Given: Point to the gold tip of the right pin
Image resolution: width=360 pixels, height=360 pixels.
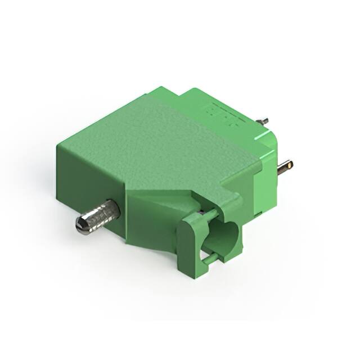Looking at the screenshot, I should click(x=288, y=165).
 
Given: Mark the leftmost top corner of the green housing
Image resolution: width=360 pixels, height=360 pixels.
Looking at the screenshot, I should click(x=57, y=145).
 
